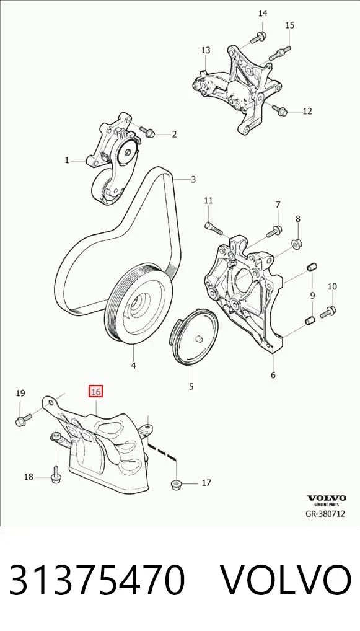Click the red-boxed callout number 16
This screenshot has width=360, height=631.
[96, 391]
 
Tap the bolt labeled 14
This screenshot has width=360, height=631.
[257, 37]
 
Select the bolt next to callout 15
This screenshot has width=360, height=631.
[279, 53]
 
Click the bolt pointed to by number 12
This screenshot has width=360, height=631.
[279, 110]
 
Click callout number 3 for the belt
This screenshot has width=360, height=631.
[193, 179]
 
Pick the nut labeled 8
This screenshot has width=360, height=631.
[297, 244]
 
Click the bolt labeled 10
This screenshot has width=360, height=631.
[328, 312]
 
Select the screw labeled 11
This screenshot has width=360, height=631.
[213, 227]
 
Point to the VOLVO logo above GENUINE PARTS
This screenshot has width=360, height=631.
[327, 498]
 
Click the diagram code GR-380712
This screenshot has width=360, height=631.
[325, 514]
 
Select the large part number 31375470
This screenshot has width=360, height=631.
[97, 580]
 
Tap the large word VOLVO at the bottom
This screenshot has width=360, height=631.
[286, 580]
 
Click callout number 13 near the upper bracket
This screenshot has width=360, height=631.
[206, 50]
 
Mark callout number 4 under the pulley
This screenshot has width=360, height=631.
[133, 366]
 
